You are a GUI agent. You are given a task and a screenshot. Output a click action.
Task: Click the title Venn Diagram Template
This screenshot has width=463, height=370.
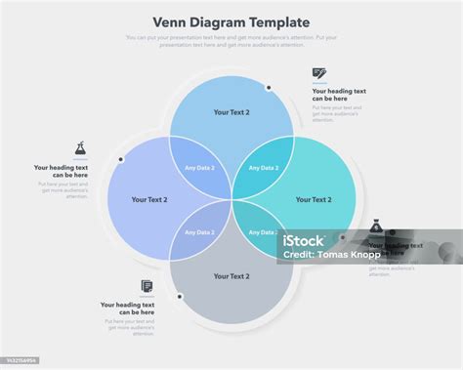click(231, 21)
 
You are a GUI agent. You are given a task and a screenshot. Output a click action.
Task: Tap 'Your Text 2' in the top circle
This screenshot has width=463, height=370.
click(231, 112)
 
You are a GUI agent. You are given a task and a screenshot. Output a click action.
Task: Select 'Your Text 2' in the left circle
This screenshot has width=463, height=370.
click(149, 199)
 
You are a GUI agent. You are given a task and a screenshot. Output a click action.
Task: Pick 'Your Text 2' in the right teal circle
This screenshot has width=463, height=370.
click(314, 199)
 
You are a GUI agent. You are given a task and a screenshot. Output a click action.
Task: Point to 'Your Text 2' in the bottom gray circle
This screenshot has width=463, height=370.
click(231, 276)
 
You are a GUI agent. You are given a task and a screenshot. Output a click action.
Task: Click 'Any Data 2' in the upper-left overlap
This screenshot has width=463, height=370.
click(199, 168)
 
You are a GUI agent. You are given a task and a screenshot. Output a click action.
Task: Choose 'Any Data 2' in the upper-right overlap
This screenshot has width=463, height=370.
click(264, 168)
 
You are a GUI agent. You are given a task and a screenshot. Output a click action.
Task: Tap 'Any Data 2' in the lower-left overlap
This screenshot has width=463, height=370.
click(199, 232)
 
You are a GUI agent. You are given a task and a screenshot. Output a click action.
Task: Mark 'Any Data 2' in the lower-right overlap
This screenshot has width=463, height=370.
click(262, 232)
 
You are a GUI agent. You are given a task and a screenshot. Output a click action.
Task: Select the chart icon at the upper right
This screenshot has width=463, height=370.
click(318, 73)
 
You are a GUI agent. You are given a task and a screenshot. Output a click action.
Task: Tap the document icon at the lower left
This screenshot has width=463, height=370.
click(147, 286)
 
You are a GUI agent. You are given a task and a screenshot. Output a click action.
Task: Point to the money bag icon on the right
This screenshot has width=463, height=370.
click(376, 227)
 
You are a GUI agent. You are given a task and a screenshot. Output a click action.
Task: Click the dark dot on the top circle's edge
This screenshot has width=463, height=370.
click(269, 87)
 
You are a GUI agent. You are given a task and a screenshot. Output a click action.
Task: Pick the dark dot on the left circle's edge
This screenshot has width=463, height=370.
click(121, 158)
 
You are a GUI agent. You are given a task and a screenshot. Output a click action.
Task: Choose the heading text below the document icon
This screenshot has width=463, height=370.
click(128, 308)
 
